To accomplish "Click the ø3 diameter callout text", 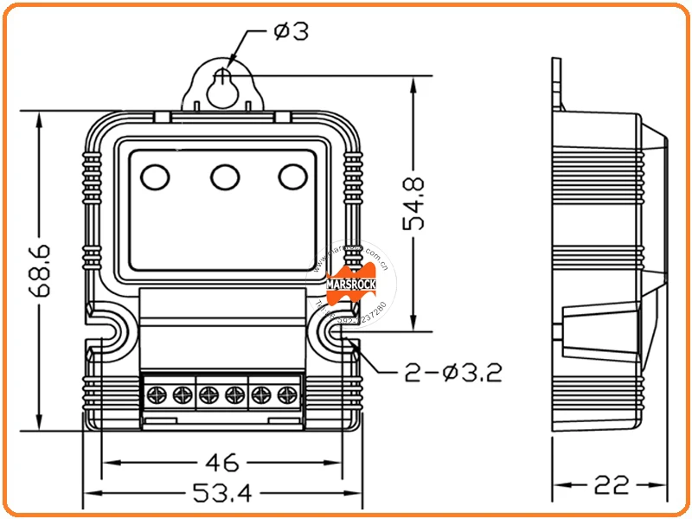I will coord(291,31).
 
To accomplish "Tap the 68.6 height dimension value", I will coord(40,271).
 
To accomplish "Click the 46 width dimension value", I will coord(222,461).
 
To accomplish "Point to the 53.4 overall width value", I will coord(221,494).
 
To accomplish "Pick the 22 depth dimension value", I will coord(611,484).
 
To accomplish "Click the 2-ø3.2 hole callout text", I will coord(453,373).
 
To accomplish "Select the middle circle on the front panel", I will coord(225,176).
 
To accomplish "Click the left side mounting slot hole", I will coord(110,330).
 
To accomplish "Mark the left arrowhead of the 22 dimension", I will coord(559,484).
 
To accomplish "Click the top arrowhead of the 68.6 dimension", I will coord(40,116).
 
